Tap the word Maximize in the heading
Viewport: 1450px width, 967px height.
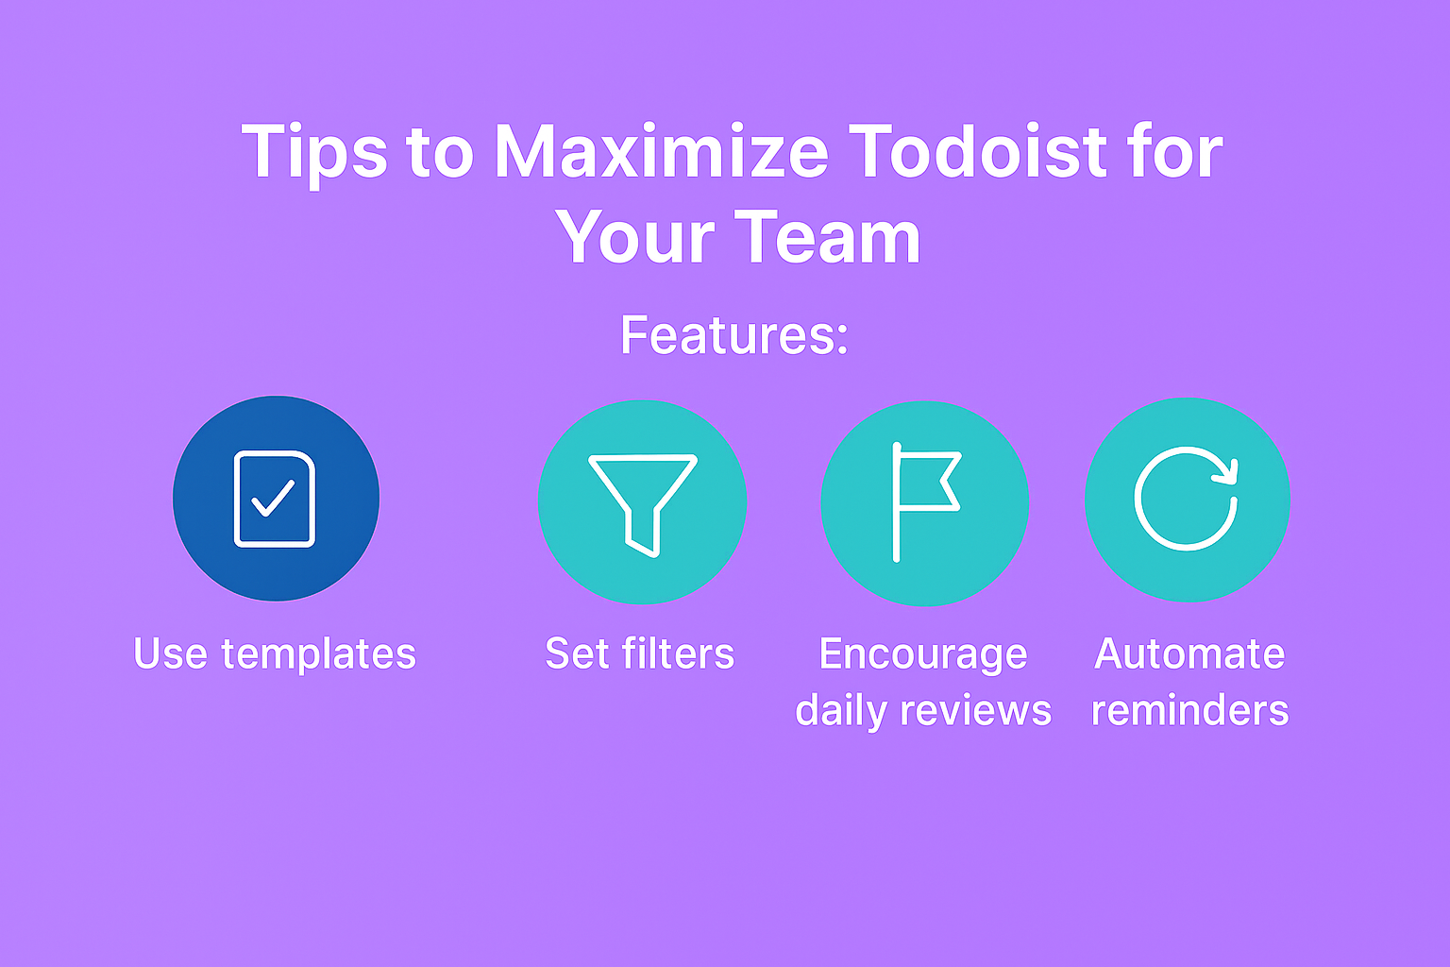pos(661,151)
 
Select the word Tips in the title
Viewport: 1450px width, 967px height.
pos(314,156)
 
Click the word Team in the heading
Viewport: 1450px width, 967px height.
pos(827,237)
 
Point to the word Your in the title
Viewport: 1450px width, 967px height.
pos(634,237)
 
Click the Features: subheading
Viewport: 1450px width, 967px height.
pos(734,335)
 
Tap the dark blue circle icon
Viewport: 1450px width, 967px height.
pos(277,498)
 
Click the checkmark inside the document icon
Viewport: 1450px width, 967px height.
pos(273,499)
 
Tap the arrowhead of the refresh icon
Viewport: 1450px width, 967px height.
pos(1226,472)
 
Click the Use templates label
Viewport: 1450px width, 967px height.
pos(275,654)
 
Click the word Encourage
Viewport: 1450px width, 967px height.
pos(923,655)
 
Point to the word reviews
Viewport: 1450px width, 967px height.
pos(975,711)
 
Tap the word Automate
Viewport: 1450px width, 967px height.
pos(1189,653)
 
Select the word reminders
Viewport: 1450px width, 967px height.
pos(1189,710)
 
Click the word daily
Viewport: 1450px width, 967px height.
pos(841,712)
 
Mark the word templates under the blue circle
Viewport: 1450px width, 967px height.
pos(318,654)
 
